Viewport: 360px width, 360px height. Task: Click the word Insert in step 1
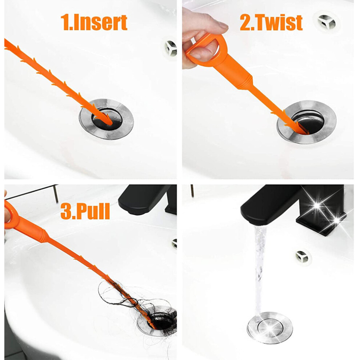100,23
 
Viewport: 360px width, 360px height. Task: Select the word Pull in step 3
93,211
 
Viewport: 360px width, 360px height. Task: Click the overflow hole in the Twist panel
327,22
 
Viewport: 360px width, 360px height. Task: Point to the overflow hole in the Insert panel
171,48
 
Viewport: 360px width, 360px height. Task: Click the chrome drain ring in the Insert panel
106,119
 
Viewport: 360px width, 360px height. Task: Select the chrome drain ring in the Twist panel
307,122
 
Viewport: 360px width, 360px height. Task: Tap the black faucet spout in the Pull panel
145,199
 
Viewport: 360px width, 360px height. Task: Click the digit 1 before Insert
65,23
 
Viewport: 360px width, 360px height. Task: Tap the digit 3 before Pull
66,211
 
